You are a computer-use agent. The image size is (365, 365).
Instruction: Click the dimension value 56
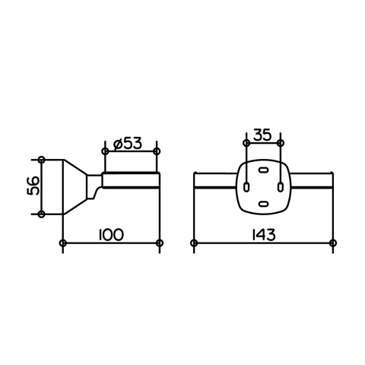pos(33,186)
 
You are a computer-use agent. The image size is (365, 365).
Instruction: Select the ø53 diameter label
pos(128,144)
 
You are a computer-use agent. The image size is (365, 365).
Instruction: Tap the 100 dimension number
pos(111,235)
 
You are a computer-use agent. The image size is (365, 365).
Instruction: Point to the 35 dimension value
pos(262,135)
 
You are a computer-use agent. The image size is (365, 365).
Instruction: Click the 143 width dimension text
pos(263,235)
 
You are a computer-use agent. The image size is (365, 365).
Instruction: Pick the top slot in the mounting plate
pos(263,170)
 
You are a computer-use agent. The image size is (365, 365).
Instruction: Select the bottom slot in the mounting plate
pos(263,203)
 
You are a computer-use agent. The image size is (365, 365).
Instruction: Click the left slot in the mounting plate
pos(246,187)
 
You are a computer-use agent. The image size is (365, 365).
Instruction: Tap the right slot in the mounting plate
pos(281,187)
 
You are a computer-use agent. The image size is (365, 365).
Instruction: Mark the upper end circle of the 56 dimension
pos(41,160)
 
